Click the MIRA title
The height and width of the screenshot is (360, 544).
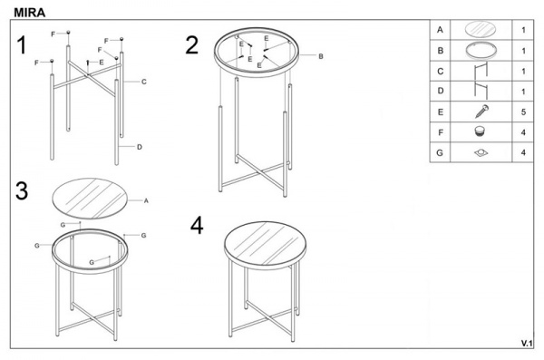point(30,13)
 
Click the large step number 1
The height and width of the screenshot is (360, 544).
point(22,45)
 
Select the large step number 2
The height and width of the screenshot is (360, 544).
point(192,45)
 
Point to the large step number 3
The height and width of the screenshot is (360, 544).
point(22,190)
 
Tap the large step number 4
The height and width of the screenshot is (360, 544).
point(197,225)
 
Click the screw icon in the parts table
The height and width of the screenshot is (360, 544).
point(482,112)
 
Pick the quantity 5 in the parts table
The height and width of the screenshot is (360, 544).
point(523,112)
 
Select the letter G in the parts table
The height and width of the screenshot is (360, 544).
point(440,152)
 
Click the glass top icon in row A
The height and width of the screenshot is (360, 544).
point(481,29)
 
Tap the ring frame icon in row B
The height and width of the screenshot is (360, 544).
point(481,50)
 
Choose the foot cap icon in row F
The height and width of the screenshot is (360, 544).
point(480,131)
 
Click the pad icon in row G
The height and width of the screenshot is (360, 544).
point(481,152)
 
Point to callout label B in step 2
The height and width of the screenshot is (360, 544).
point(321,56)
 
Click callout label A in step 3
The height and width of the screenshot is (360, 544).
point(146,200)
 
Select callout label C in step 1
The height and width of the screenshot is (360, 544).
point(144,82)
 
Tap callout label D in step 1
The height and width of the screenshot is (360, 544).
point(140,147)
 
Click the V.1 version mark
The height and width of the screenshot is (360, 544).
point(526,344)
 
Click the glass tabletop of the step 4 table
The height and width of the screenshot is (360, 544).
point(265,241)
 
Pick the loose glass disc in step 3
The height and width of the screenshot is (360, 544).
point(90,199)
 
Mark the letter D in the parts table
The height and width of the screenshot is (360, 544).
point(441,91)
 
